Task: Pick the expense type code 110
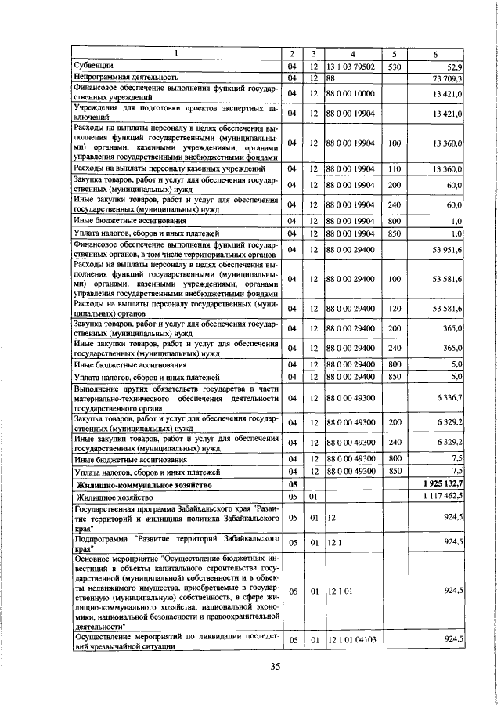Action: coord(395,168)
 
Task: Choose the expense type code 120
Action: coord(395,309)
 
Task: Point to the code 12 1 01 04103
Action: coord(353,640)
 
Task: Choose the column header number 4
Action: coord(353,53)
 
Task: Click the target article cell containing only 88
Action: coord(331,79)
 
